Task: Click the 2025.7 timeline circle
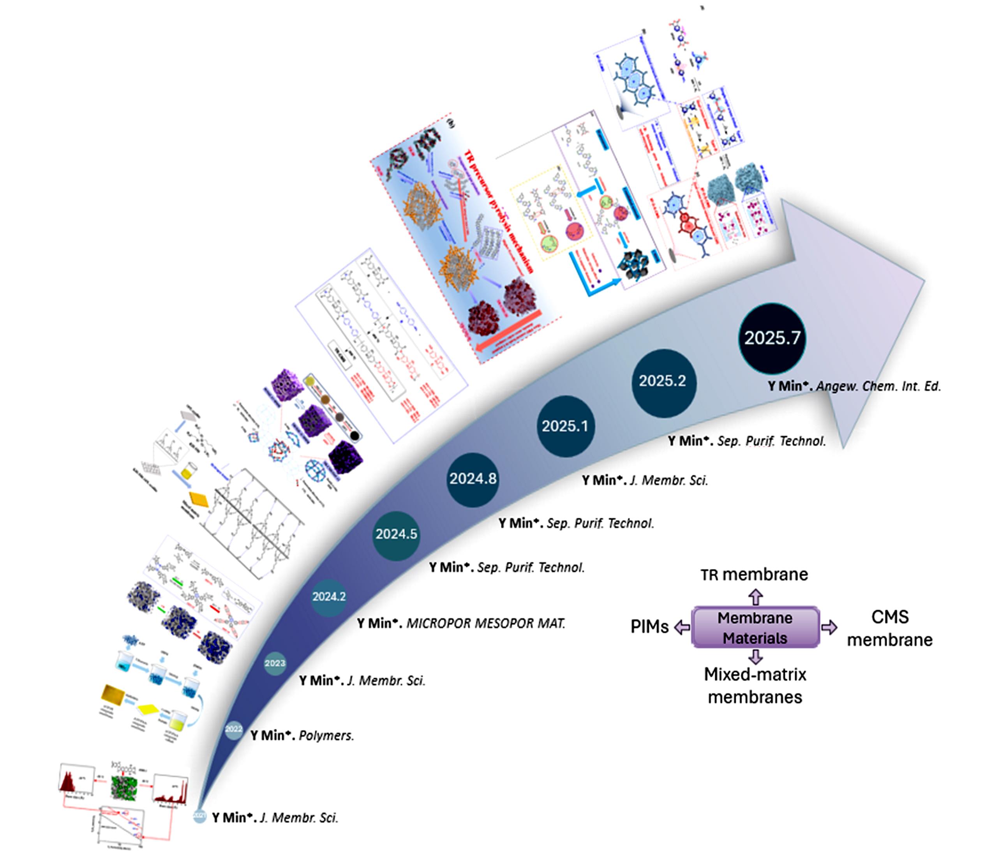pos(772,338)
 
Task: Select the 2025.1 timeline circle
pos(565,426)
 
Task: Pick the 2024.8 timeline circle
pos(473,479)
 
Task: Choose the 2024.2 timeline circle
pos(329,597)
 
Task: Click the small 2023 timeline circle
pos(275,663)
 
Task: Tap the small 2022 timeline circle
pos(234,729)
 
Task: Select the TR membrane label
pos(754,575)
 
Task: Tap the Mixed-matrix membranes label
pos(755,686)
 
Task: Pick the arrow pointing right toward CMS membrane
pos(829,627)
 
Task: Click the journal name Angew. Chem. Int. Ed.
pos(878,386)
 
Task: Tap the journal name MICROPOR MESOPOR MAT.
pos(485,623)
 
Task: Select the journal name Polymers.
pos(326,736)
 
